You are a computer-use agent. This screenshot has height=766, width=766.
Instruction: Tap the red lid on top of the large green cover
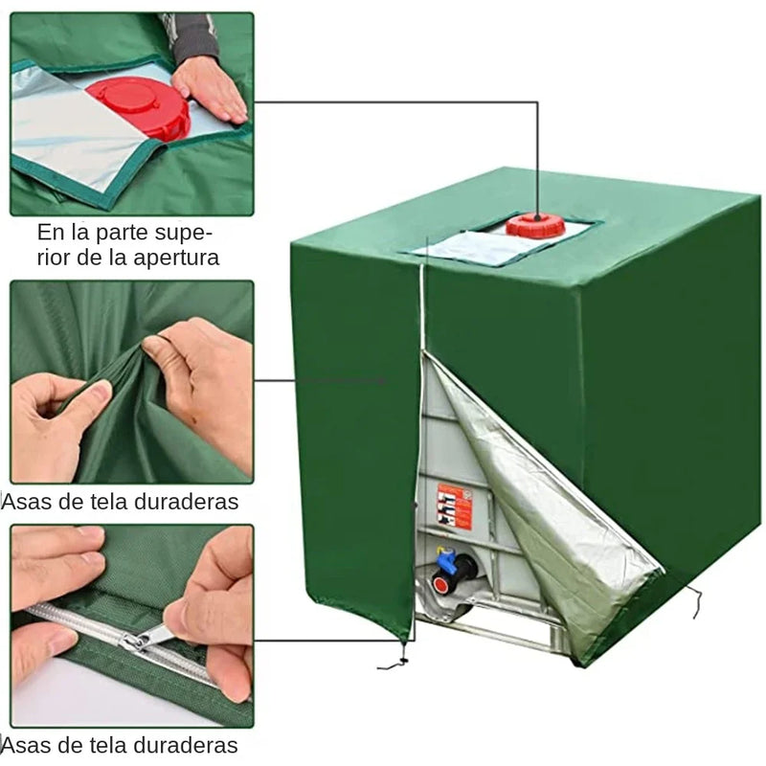[535, 226]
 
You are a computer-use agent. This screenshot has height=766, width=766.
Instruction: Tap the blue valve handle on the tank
[446, 560]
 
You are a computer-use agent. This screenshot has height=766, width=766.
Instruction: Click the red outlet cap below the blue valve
[441, 583]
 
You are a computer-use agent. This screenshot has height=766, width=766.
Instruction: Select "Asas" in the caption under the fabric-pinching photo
[28, 502]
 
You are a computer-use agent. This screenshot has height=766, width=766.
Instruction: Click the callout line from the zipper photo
[326, 641]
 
